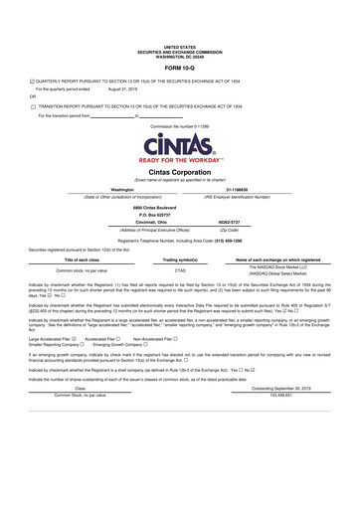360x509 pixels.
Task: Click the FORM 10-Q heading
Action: click(x=180, y=68)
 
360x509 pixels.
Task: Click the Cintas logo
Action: click(x=180, y=148)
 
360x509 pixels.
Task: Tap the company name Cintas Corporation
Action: click(x=180, y=172)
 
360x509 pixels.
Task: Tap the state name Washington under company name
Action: click(x=123, y=188)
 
